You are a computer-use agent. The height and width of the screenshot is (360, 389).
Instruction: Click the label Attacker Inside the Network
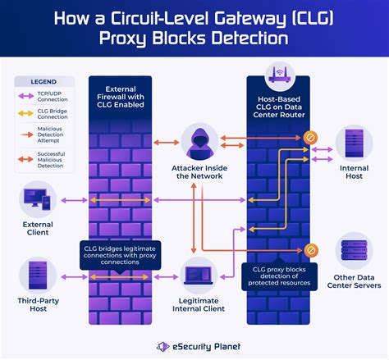tap(195, 174)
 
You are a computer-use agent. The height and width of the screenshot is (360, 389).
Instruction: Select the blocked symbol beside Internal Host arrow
tap(311, 137)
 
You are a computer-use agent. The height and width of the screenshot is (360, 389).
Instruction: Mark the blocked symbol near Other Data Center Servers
tap(311, 250)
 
